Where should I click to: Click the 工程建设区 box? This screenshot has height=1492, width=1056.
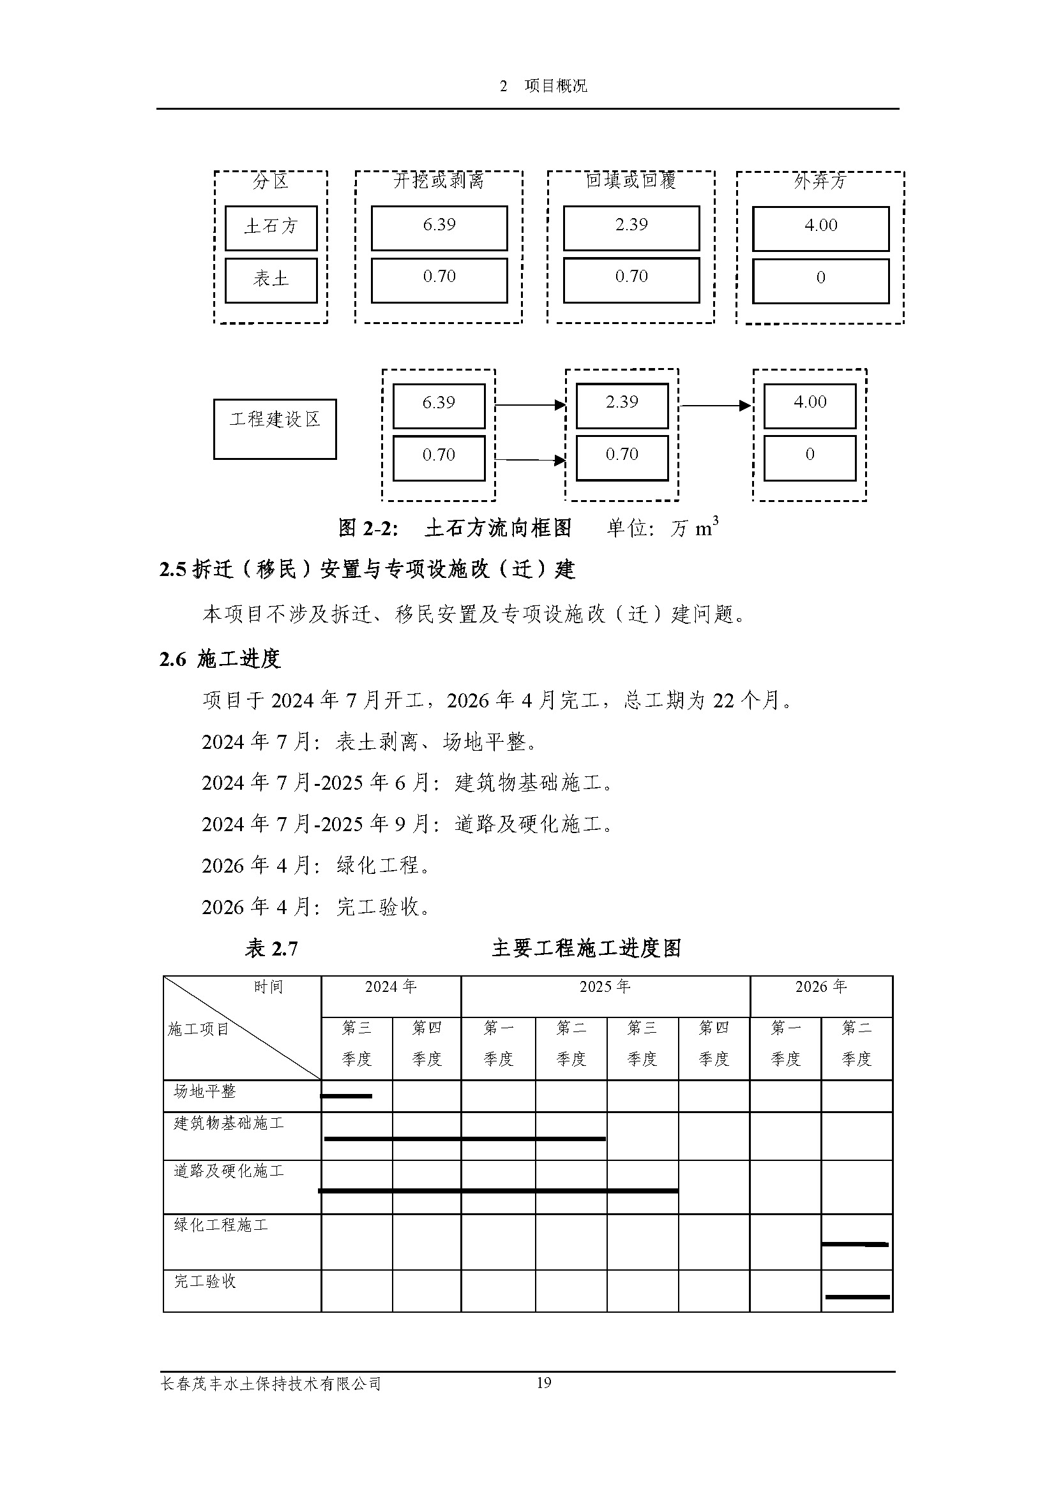tap(275, 429)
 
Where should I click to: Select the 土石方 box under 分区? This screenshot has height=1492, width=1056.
tap(271, 228)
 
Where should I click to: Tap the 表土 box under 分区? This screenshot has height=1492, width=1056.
tap(271, 280)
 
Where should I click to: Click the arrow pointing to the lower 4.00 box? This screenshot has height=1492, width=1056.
tap(715, 406)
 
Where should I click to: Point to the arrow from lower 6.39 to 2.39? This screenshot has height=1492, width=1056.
tap(530, 405)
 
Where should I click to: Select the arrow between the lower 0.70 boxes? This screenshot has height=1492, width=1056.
tap(530, 460)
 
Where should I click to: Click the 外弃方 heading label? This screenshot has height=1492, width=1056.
tap(820, 181)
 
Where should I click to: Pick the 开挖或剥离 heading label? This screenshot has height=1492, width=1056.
tap(439, 181)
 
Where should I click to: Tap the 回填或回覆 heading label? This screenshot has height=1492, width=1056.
tap(631, 180)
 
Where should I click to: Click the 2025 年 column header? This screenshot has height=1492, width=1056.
tap(605, 987)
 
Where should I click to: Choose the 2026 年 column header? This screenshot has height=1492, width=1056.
tap(820, 987)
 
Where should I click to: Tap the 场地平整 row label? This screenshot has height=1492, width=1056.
tap(205, 1091)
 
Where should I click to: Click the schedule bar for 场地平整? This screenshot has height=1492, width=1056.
tap(347, 1097)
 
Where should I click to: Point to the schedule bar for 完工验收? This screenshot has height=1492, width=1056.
tap(857, 1296)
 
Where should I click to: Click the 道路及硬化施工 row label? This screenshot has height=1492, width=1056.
tap(229, 1171)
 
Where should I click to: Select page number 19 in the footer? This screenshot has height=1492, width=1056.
tap(543, 1382)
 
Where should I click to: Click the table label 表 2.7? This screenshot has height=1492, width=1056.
tap(271, 949)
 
